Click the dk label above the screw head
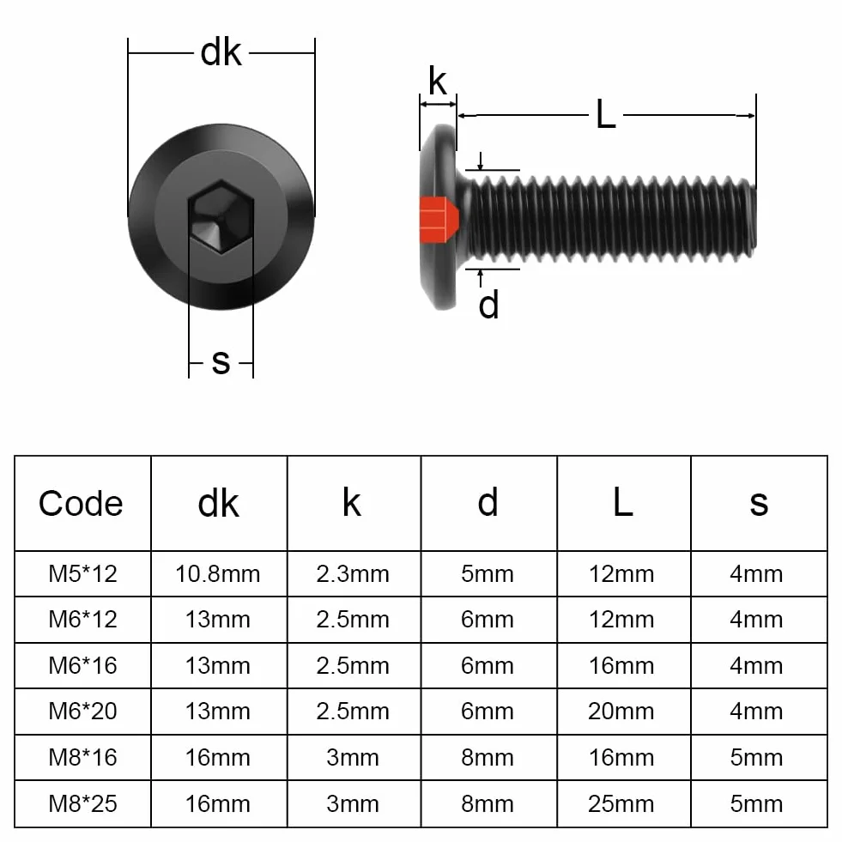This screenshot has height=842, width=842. [x=221, y=52]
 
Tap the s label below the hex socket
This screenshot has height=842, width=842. [x=221, y=361]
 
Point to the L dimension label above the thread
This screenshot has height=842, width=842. [x=606, y=114]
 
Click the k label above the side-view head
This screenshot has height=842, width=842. [x=438, y=81]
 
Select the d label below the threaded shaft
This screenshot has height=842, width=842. [x=488, y=305]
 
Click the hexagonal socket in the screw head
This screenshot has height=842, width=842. [x=221, y=216]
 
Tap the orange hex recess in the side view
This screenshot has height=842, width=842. [x=439, y=220]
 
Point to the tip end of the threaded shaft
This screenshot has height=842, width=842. [x=754, y=215]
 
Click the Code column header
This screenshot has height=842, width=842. [x=81, y=504]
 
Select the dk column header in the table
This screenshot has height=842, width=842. [x=218, y=504]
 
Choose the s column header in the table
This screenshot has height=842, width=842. [x=759, y=504]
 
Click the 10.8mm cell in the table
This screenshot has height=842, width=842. [x=217, y=574]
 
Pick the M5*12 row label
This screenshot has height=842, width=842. [x=82, y=573]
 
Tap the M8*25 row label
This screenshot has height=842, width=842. [x=82, y=804]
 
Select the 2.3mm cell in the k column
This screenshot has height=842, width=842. [x=352, y=574]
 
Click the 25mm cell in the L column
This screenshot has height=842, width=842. [x=621, y=804]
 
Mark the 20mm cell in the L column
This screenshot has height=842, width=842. [x=621, y=712]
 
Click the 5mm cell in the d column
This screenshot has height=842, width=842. [x=487, y=574]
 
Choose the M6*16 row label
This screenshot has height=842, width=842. [x=82, y=666]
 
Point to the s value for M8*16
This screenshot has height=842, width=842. [x=756, y=758]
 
